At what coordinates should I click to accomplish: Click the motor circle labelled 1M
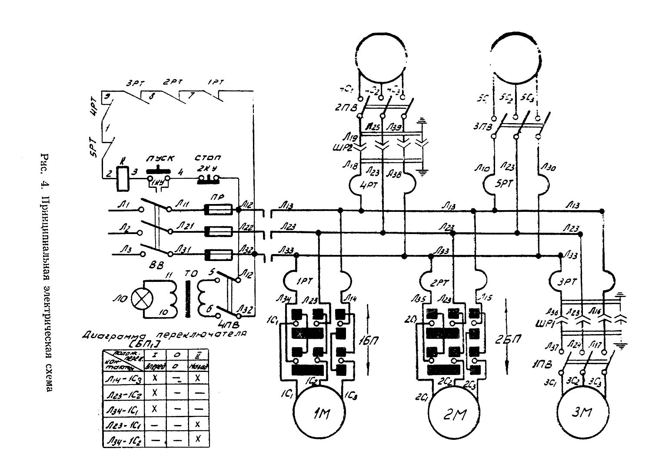321,414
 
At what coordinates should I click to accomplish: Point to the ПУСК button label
159,159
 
